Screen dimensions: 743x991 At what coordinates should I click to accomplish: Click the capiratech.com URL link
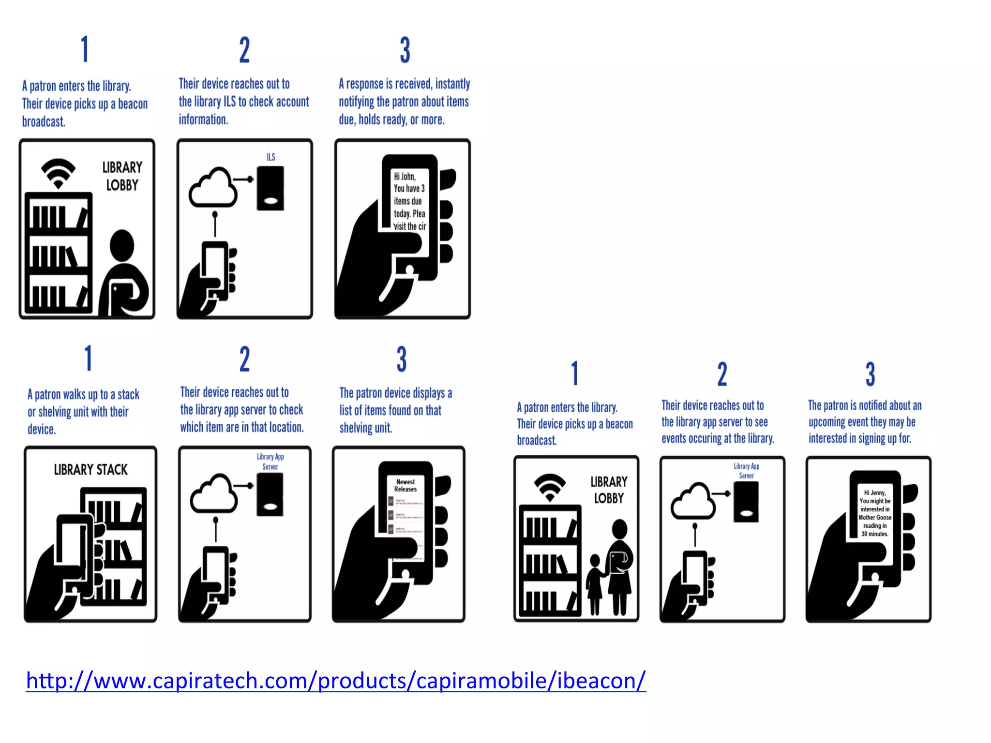(336, 681)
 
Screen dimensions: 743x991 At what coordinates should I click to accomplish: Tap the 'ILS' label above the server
(271, 157)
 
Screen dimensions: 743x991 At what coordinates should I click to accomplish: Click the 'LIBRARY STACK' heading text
(90, 470)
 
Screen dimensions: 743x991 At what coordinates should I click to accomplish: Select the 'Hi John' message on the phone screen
(409, 201)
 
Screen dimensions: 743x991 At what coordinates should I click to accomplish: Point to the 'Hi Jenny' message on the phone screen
(875, 513)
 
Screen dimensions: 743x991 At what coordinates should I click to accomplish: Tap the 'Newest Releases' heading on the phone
(405, 485)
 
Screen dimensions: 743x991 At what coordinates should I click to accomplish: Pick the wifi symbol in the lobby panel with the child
(550, 487)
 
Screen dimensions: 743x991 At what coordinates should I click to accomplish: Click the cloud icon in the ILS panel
(213, 188)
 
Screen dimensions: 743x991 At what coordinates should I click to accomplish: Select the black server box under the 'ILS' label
(270, 188)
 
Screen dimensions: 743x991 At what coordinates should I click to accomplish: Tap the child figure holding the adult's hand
(595, 583)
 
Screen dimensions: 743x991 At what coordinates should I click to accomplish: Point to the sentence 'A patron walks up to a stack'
(83, 394)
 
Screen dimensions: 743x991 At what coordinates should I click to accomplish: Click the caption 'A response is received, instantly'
(405, 84)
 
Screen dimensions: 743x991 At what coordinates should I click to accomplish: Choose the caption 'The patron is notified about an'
(865, 405)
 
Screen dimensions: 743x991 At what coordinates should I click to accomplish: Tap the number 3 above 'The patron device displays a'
(402, 359)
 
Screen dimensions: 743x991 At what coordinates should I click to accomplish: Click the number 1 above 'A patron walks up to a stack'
(89, 358)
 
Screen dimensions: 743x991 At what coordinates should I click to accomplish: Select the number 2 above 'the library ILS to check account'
(244, 50)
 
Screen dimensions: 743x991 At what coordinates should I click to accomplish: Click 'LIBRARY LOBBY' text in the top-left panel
(122, 176)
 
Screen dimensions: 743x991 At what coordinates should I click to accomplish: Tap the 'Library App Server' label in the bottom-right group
(746, 471)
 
